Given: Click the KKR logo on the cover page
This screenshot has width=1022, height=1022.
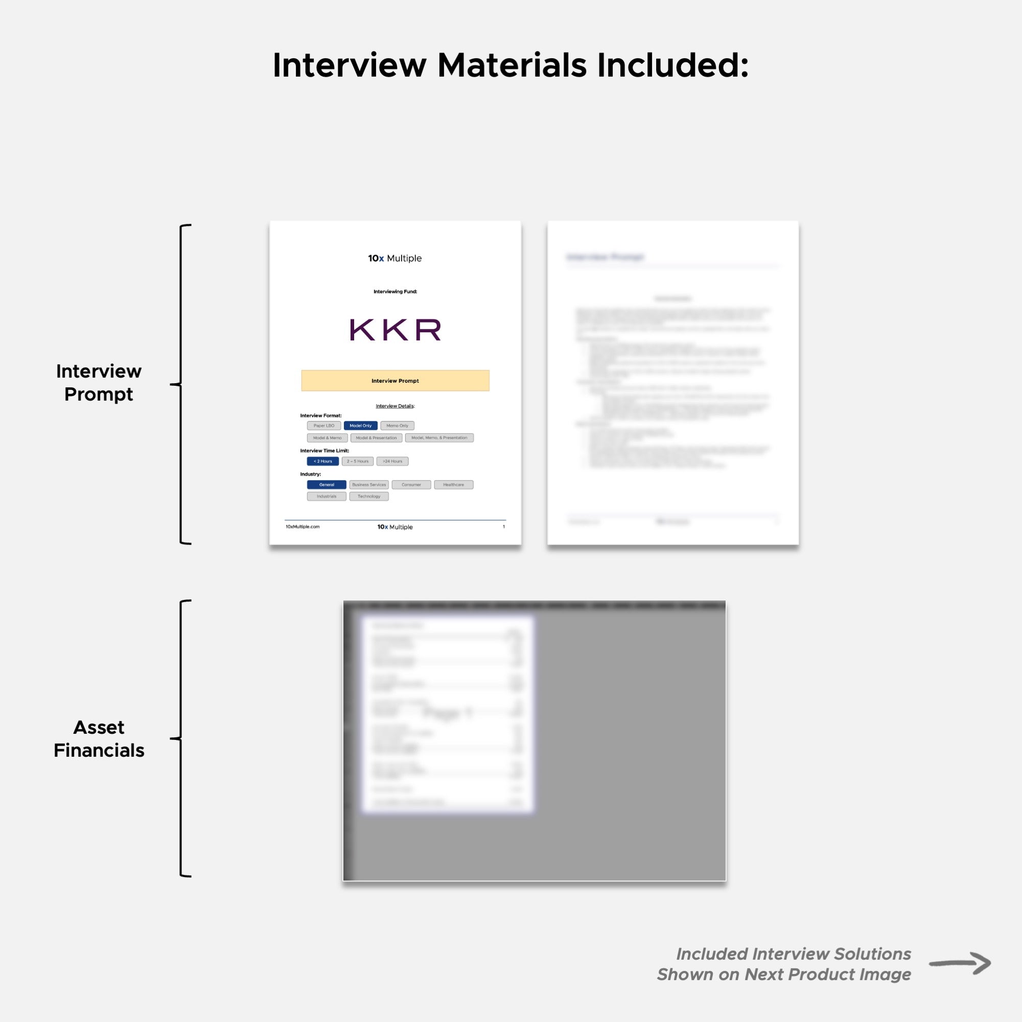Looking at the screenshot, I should [x=394, y=330].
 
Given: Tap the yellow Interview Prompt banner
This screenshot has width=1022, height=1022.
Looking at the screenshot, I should [x=394, y=380].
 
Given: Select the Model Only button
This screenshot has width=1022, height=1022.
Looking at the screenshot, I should [x=360, y=425].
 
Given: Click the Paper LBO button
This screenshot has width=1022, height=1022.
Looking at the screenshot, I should [x=324, y=425].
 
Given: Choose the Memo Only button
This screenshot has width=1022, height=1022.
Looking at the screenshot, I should [x=397, y=425].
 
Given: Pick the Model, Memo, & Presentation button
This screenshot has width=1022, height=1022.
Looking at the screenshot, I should [x=439, y=437].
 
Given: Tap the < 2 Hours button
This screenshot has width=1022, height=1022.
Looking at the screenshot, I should [x=322, y=461].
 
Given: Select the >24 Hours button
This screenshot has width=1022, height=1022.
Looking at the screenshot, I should [x=392, y=461].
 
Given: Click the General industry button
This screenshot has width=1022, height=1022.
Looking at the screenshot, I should [x=327, y=484].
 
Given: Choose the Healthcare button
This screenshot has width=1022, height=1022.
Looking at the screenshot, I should [x=453, y=484].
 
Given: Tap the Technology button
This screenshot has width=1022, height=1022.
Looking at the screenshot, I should [x=369, y=496].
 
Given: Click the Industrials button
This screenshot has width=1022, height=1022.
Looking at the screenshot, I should [x=327, y=496].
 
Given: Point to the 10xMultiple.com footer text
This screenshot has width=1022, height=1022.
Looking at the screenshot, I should [x=303, y=526].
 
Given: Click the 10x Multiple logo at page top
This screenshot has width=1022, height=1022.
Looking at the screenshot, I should [x=394, y=258].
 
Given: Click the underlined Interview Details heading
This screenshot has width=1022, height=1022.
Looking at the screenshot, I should [x=394, y=406].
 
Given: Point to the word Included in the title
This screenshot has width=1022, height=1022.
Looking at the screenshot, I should [x=672, y=65].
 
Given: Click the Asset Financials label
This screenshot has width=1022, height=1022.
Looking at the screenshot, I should [x=99, y=738].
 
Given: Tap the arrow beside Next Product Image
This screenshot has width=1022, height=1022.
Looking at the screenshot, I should [x=960, y=963].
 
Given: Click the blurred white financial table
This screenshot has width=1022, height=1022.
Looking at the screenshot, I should [x=447, y=714].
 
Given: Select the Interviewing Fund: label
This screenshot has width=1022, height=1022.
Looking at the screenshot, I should [x=394, y=291].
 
